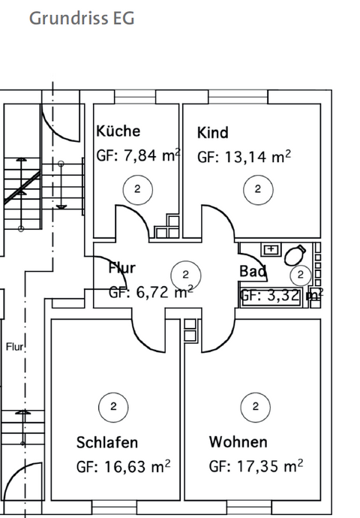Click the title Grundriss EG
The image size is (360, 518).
tap(82, 18)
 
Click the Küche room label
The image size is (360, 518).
tap(118, 131)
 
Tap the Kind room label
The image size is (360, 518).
tap(212, 133)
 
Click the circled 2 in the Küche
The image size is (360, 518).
tap(137, 189)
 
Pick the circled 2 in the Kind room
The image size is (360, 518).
tap(258, 189)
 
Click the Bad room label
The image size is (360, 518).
tap(253, 271)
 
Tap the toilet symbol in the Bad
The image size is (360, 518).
tap(296, 252)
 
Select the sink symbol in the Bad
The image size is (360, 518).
tap(270, 248)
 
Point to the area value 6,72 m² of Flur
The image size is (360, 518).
tap(150, 293)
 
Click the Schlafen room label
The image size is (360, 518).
tap(107, 441)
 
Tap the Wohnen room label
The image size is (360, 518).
tap(238, 441)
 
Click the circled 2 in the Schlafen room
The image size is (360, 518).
tap(113, 407)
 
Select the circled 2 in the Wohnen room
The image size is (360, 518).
tap(256, 407)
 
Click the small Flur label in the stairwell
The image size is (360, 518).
tap(15, 347)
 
